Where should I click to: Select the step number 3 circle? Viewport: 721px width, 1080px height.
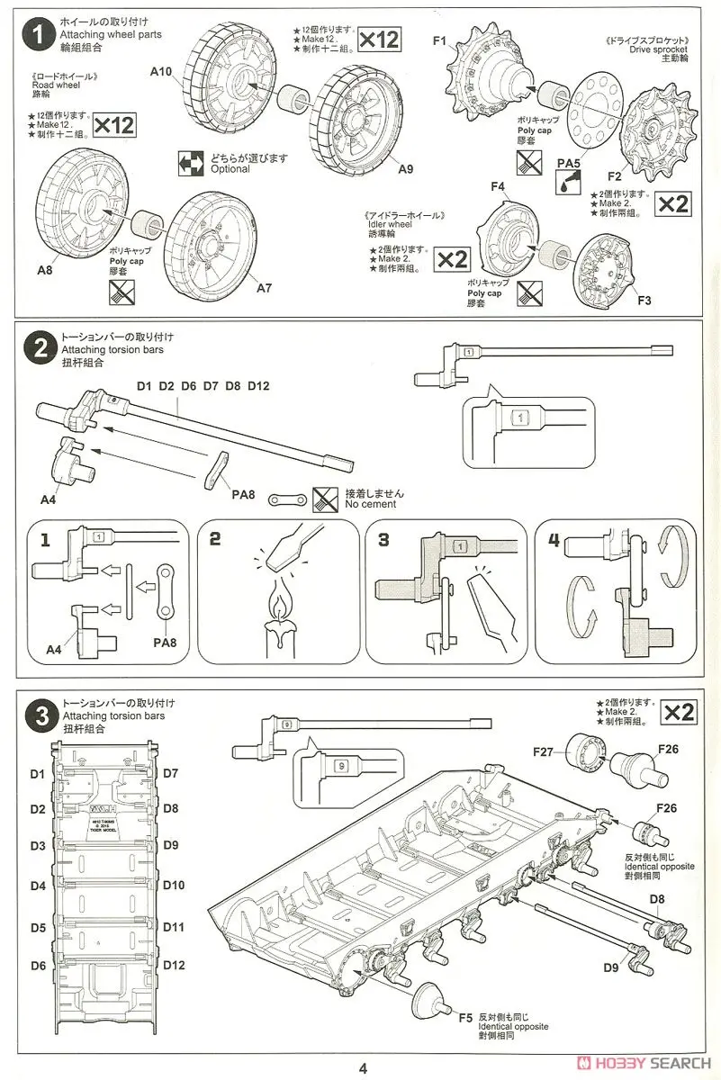[x=37, y=715]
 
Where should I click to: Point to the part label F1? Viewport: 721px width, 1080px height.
[x=439, y=41]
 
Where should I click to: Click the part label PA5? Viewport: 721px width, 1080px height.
[x=566, y=163]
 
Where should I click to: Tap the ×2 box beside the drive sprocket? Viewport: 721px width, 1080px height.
[x=672, y=203]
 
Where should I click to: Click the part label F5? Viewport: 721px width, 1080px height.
[x=464, y=1017]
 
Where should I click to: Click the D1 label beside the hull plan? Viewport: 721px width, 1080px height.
[x=37, y=773]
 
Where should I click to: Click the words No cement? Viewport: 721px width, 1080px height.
[x=370, y=505]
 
